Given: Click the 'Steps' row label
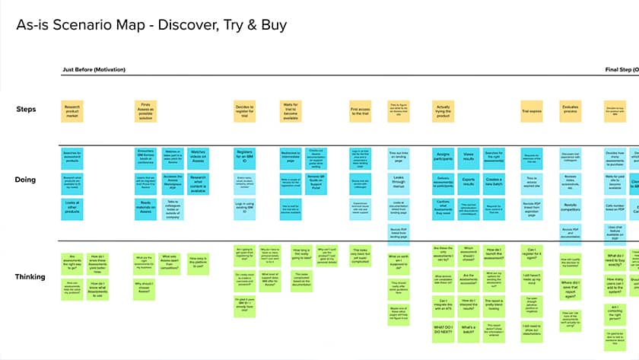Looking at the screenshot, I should click(x=26, y=110).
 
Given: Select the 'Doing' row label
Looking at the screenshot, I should click(x=26, y=180).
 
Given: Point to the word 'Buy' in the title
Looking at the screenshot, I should click(x=272, y=24).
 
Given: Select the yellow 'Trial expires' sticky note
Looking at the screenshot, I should click(x=532, y=111).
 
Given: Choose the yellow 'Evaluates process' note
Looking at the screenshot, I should click(x=571, y=111).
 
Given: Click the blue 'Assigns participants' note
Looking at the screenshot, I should click(x=445, y=158).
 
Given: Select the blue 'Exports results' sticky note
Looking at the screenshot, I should click(x=469, y=182).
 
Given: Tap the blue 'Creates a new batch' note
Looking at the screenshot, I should click(x=494, y=182).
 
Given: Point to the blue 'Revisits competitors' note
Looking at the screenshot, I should click(x=571, y=205).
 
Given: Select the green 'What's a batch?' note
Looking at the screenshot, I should click(x=469, y=330).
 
